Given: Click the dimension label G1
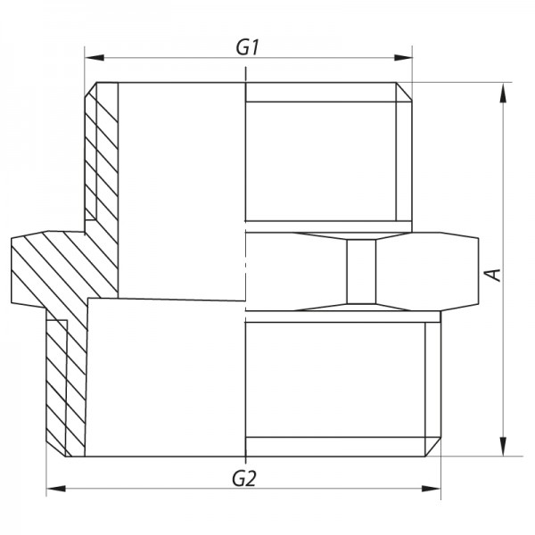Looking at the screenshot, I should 248,46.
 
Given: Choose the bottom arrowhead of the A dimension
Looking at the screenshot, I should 505,449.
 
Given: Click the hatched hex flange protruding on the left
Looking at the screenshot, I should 40,267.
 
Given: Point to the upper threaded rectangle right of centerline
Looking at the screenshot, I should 321,152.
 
